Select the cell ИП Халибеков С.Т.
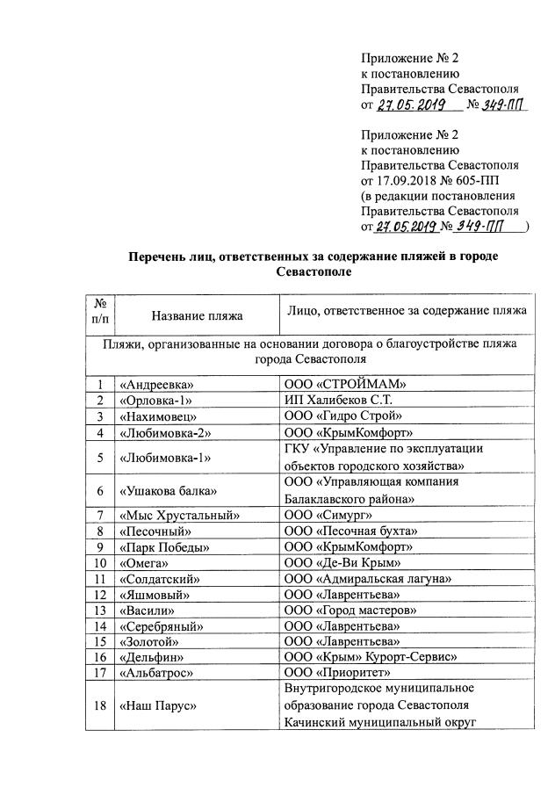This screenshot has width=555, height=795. point(336,400)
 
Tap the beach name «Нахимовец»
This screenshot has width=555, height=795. point(158,416)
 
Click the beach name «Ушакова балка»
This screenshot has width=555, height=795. point(169,489)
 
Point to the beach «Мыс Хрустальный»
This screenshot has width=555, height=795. point(178,516)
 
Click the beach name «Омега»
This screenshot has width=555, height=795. point(146,562)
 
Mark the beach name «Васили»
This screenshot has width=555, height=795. point(147,610)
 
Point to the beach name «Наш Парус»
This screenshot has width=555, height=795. point(158,705)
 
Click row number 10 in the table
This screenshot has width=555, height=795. point(100,562)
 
